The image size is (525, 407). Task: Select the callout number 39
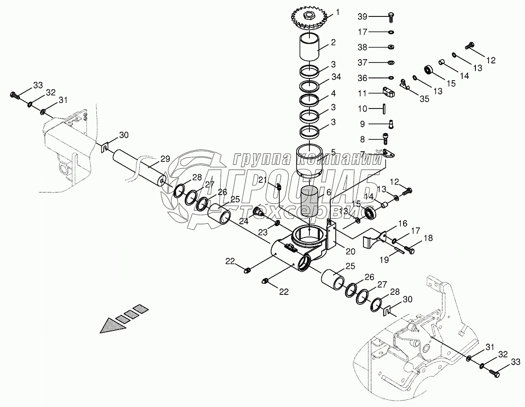click(x=362, y=17)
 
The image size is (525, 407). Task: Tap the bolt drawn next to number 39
click(x=391, y=17)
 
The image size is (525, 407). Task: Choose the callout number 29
click(x=165, y=159)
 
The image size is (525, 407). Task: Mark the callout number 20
click(x=350, y=250)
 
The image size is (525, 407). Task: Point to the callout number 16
click(x=403, y=224)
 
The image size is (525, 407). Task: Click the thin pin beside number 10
click(x=385, y=108)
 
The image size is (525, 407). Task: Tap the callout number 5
click(x=333, y=152)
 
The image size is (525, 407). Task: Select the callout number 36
click(x=362, y=77)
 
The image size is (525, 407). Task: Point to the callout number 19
click(x=384, y=259)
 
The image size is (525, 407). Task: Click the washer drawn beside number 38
click(x=391, y=47)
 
